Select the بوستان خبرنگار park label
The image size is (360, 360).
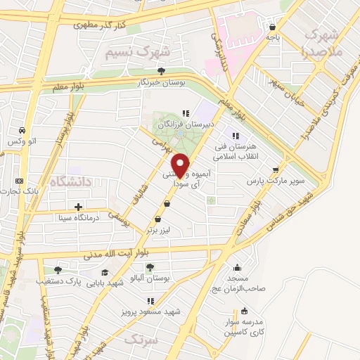tap(162, 82)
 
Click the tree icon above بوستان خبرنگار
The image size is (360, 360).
tap(162, 70)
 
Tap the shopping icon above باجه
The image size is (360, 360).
tap(272, 28)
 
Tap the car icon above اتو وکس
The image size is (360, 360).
tap(23, 131)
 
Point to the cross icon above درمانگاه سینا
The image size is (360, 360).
tap(78, 207)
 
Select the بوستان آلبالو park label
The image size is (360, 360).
tap(149, 278)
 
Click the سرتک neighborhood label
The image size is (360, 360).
tap(138, 340)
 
